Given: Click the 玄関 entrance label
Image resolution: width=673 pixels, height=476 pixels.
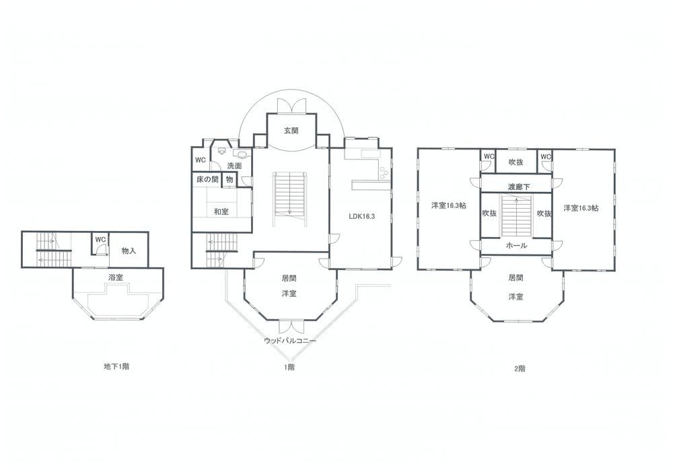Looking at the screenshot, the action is [291, 131].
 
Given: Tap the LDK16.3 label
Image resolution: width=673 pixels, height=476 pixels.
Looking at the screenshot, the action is [361, 216].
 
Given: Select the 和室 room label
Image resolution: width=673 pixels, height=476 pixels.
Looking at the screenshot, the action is [221, 211].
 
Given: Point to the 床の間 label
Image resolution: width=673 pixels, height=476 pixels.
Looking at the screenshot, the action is [207, 179].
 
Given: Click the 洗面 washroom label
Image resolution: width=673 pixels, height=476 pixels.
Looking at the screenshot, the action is [234, 166].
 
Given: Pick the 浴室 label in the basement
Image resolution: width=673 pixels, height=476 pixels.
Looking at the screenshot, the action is [116, 277].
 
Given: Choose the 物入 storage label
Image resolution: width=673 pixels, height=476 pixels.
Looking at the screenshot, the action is [129, 250].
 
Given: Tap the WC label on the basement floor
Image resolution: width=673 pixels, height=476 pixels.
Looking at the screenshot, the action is [100, 239].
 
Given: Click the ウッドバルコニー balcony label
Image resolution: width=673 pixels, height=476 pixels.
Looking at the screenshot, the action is [290, 341].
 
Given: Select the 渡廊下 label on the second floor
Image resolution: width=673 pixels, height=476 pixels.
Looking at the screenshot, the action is [518, 186].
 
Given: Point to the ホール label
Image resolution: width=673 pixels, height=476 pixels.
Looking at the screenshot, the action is [516, 246].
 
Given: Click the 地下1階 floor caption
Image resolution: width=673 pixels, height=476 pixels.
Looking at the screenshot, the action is [116, 366].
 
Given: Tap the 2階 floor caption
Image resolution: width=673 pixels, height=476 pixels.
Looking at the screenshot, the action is [520, 368].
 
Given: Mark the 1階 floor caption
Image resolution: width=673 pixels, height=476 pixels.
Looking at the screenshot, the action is [289, 367].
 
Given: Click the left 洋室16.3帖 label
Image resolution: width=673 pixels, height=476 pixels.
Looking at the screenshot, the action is [448, 205].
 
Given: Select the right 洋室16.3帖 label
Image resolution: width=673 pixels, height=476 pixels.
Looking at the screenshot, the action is [581, 208].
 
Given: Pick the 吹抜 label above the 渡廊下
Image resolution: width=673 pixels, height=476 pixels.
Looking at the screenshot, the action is [516, 162].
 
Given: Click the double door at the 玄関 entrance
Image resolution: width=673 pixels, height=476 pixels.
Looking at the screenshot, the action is [291, 106].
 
